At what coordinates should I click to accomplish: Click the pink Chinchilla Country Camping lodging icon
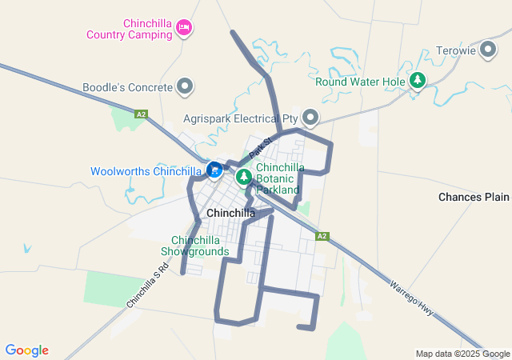[x=185, y=29]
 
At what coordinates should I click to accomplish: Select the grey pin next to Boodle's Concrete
[x=186, y=86]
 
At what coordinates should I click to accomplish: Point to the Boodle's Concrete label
[x=127, y=86]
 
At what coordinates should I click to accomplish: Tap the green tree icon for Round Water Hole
[x=417, y=81]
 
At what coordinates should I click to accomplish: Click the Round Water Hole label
[x=361, y=82]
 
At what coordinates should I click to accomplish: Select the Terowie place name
[x=456, y=50]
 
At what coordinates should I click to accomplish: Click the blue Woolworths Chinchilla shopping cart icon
[x=214, y=170]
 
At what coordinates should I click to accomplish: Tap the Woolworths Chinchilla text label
[x=146, y=171]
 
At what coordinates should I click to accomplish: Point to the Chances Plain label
[x=474, y=197]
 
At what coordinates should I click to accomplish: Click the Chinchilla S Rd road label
[x=147, y=288]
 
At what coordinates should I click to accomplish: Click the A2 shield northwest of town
[x=141, y=114]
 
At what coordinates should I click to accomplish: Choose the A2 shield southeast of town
[x=322, y=236]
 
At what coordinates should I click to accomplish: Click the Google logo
[x=26, y=350]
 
